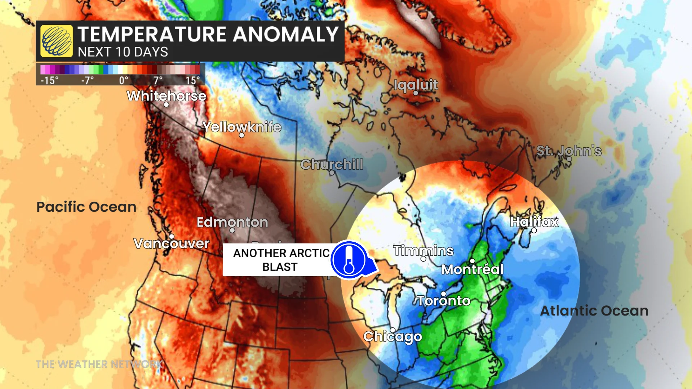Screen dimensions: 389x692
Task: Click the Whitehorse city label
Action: pos(167,96)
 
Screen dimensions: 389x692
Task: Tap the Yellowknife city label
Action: pos(241,127)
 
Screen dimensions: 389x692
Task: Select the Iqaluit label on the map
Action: pos(416,85)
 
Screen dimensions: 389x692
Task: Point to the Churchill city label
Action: pos(332,164)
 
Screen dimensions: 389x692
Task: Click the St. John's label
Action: pos(569,151)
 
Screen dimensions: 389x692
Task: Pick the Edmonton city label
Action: pos(232,222)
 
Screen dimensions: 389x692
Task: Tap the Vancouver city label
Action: pos(171,243)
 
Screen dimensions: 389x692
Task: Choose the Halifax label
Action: pos(534,222)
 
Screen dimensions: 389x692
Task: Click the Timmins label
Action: pos(423,250)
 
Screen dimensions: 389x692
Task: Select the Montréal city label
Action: pos(472,269)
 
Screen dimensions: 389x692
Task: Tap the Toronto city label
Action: pos(444,301)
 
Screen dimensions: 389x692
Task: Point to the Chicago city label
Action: pos(392,336)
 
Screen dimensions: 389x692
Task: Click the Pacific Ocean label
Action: pos(86,207)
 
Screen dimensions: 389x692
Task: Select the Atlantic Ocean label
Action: pos(594,310)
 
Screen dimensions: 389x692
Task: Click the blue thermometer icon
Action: pos(349,260)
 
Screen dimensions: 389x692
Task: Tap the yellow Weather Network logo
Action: pos(57,41)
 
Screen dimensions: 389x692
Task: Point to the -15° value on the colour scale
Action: pos(49,80)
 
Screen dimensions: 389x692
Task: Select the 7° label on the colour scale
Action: pos(158,80)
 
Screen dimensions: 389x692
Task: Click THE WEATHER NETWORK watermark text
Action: pos(99,364)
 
